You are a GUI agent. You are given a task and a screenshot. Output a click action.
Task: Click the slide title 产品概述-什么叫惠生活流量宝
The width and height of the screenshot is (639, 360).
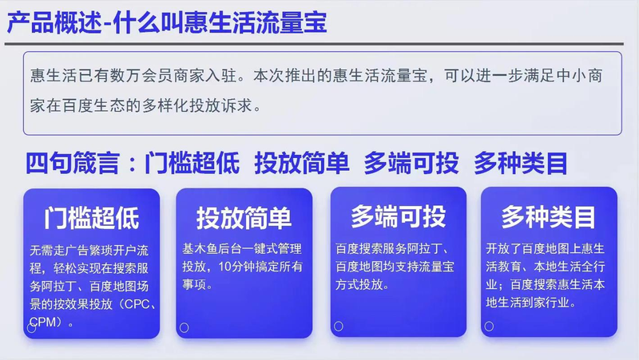point(168,22)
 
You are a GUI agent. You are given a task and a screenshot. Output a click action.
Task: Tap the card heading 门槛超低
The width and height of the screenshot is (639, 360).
point(92,218)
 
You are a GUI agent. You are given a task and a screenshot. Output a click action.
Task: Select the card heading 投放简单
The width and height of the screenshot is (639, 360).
point(244,218)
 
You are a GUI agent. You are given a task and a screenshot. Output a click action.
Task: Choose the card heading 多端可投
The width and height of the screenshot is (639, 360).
point(399,216)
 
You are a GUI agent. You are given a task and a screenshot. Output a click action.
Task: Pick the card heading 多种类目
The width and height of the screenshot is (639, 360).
point(549,216)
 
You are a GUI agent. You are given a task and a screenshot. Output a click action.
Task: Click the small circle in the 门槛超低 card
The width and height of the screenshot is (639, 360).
point(32,327)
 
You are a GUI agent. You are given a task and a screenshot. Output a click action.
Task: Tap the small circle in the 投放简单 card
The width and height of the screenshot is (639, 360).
point(184,327)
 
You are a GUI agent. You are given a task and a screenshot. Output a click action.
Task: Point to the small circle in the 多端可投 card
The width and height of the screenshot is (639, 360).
point(338,326)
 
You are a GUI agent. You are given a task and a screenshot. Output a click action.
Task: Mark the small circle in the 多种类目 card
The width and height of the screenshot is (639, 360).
point(489,326)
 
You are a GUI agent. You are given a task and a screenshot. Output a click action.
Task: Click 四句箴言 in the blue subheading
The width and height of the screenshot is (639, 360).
point(72,163)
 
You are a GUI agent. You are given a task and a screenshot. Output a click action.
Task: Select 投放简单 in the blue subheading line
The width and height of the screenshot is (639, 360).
point(302,163)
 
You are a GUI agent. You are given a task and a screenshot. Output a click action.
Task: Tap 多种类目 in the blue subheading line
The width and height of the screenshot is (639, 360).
point(521,163)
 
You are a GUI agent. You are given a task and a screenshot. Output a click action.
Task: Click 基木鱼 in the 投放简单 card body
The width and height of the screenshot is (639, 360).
point(197,248)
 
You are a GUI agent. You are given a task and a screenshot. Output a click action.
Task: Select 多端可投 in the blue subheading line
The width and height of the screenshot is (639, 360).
point(411,163)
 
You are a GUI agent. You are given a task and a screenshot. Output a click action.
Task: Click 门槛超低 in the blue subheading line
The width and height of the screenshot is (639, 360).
point(192,163)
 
